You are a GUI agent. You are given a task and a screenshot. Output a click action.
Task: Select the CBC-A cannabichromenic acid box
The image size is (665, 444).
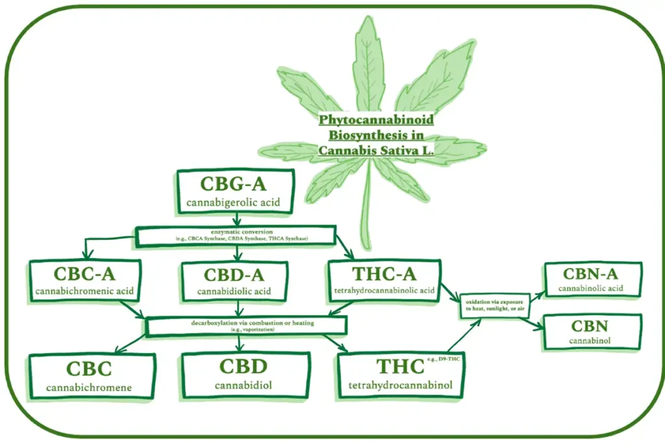(x=84, y=280)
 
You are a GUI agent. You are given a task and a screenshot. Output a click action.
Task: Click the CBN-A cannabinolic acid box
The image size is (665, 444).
(x=592, y=278)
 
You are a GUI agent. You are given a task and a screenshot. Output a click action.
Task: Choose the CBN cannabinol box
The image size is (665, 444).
(x=592, y=331)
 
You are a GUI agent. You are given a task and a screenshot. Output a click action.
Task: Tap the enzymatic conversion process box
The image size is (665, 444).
(x=236, y=235)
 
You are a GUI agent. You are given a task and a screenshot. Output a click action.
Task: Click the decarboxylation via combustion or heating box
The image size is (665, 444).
(x=247, y=326)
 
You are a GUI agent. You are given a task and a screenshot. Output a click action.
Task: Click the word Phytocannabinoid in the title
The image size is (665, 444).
(x=376, y=121)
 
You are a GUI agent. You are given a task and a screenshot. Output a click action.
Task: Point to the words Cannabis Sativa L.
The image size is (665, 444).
(x=376, y=150)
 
